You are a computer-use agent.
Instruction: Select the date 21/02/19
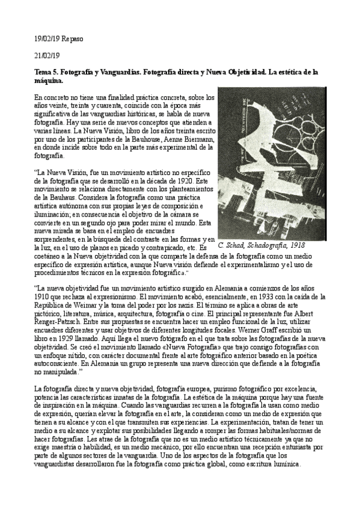click(47, 55)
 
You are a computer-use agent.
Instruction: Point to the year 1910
click(44, 297)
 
